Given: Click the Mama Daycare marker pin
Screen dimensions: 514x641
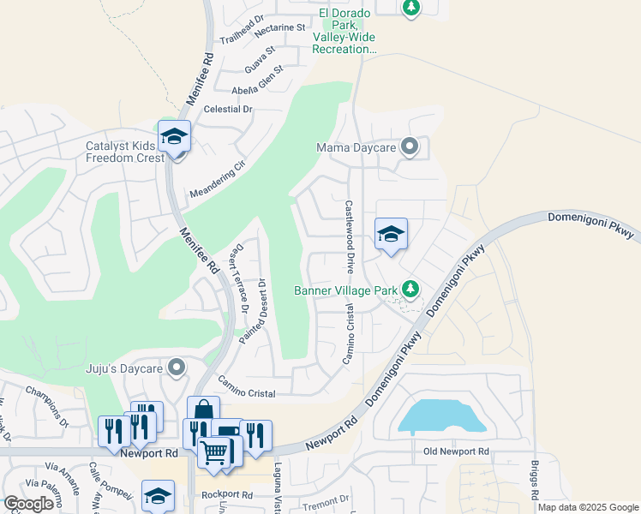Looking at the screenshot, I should (x=410, y=147).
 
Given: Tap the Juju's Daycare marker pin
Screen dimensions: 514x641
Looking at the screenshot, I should (x=177, y=368).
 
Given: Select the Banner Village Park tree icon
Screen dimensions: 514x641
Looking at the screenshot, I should (x=410, y=290).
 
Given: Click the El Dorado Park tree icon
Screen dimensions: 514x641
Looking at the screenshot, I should (x=411, y=8).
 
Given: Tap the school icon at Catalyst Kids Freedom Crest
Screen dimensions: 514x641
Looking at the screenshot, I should (x=175, y=138).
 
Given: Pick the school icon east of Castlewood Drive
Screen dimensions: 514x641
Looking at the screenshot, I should (x=391, y=234).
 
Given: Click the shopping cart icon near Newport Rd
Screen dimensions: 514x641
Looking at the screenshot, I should (x=214, y=450).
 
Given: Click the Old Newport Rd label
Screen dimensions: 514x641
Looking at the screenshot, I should (x=456, y=451).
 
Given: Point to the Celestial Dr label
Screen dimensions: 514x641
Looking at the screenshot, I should (x=228, y=109).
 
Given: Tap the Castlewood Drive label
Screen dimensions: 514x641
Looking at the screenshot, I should (x=350, y=237).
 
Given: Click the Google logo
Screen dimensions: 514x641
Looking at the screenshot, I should (x=29, y=504).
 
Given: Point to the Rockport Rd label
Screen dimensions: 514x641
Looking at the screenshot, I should (x=227, y=495).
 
